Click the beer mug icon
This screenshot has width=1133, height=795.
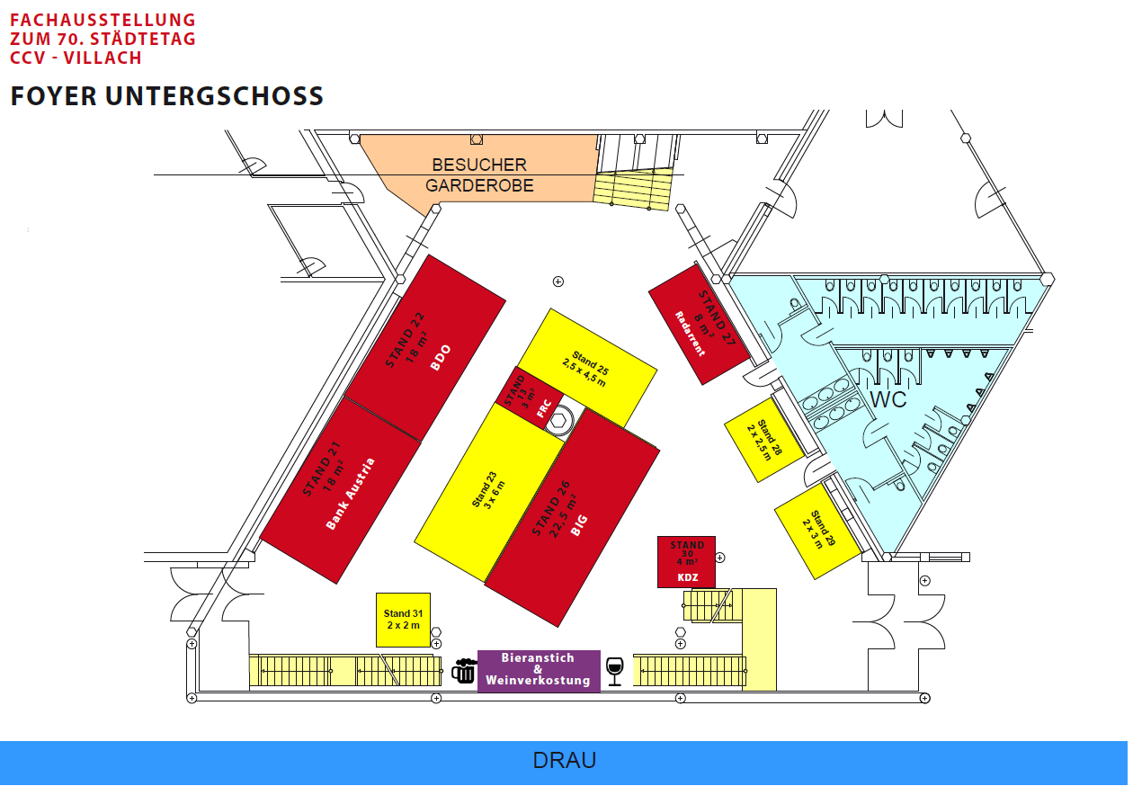click(464, 671)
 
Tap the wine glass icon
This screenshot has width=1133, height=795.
click(614, 672)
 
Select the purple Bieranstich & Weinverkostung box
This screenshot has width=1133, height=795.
click(539, 671)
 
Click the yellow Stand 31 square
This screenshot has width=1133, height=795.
click(403, 620)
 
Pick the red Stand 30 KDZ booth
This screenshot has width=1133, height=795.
click(686, 562)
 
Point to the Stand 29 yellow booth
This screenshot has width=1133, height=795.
click(818, 531)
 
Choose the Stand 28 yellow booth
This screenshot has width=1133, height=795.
click(764, 440)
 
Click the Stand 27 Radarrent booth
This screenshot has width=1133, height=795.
click(700, 324)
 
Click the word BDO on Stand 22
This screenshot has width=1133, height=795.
click(440, 358)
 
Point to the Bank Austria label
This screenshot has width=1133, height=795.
click(350, 494)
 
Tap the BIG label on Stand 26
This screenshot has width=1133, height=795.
click(579, 525)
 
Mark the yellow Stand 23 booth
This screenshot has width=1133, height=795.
click(489, 492)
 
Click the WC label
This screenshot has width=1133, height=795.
click(888, 399)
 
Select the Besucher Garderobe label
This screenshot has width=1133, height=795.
click(479, 175)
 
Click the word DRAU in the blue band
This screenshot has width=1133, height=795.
click(565, 760)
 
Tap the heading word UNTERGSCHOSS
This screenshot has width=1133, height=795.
click(214, 96)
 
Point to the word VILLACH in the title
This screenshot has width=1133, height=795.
click(103, 58)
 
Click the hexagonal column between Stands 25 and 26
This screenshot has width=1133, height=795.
click(558, 420)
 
